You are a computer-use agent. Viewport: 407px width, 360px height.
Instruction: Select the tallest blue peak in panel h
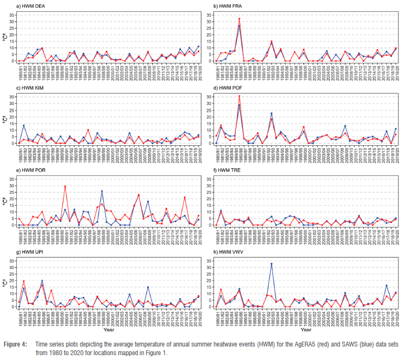point(271,263)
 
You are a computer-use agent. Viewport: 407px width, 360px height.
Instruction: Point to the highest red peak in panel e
point(65,187)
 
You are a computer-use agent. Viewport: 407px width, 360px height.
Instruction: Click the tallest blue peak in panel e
point(101,191)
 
